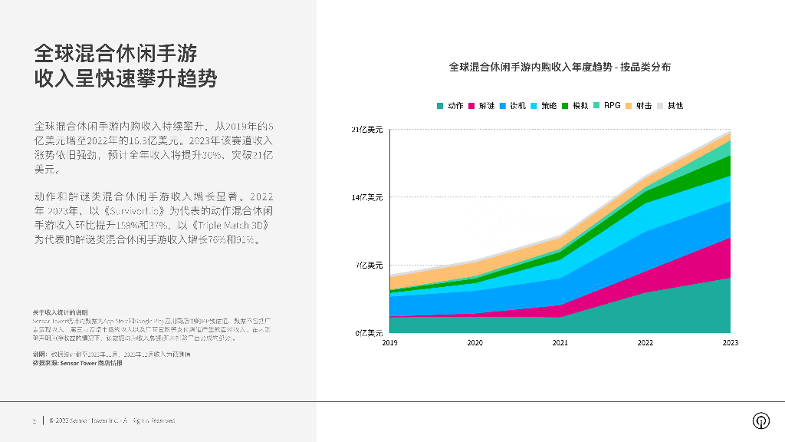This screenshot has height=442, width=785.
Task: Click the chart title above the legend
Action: coord(560,68)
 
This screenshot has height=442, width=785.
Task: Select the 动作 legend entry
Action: coord(450,105)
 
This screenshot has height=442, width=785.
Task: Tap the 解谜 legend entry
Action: coord(481,105)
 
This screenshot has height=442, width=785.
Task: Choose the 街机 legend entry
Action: coord(512,105)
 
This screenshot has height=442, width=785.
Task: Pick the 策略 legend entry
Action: coord(544,105)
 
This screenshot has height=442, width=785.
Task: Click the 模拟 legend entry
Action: coord(575,105)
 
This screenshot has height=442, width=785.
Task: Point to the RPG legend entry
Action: coord(606,105)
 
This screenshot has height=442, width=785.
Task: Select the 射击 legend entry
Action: coord(639,105)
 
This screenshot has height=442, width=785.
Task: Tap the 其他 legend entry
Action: coord(669,105)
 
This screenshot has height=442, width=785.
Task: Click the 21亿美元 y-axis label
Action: coord(366,130)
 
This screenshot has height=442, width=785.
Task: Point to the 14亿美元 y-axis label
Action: coord(366,198)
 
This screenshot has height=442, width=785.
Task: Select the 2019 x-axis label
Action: coord(389,343)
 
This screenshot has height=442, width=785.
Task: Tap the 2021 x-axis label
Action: coord(560,343)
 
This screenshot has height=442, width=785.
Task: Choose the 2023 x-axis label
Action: coord(730,343)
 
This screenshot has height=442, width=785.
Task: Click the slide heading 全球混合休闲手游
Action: coord(116,54)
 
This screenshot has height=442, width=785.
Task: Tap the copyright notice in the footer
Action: coord(112,421)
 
